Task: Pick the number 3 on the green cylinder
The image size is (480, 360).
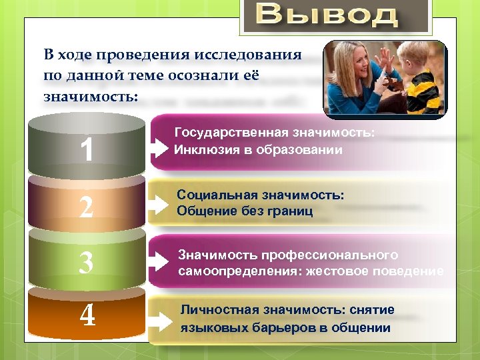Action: (x=86, y=263)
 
